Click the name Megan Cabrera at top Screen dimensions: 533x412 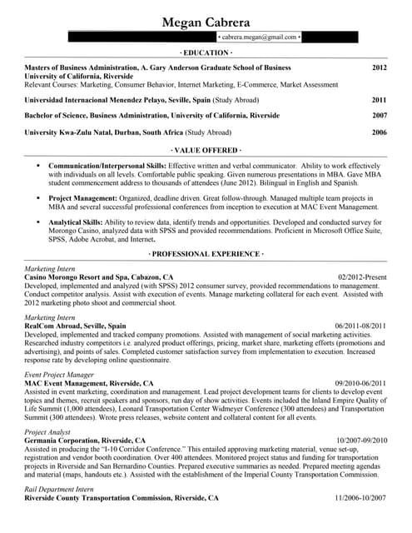click(x=206, y=22)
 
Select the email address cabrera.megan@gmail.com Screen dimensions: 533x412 click(x=258, y=37)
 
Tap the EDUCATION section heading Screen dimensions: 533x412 click(x=206, y=53)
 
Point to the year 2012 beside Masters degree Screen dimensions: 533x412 click(x=380, y=67)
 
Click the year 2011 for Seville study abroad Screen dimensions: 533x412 click(x=380, y=100)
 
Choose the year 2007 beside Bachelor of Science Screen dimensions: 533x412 click(x=380, y=116)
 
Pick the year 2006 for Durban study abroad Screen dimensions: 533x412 click(x=380, y=132)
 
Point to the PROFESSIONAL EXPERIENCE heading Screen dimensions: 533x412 click(x=206, y=252)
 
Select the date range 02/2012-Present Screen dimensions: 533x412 click(x=362, y=276)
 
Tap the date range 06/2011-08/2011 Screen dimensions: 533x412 click(x=360, y=326)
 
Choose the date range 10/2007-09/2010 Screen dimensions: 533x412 click(x=361, y=440)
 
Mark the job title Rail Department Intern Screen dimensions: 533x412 click(x=62, y=489)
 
